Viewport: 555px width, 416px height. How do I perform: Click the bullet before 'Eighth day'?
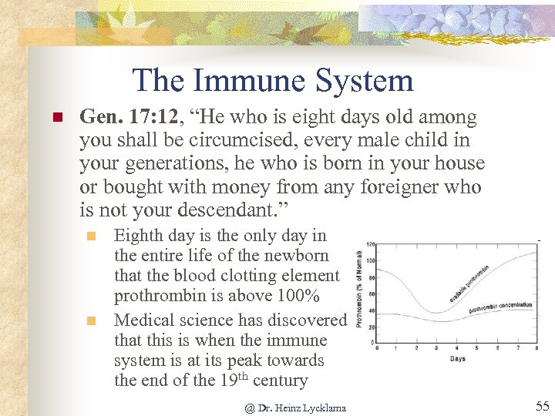pos(89,236)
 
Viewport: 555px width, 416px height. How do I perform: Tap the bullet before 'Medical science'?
pos(89,320)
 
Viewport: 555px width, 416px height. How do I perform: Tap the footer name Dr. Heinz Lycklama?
pos(296,408)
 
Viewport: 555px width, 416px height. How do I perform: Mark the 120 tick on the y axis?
pos(369,244)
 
